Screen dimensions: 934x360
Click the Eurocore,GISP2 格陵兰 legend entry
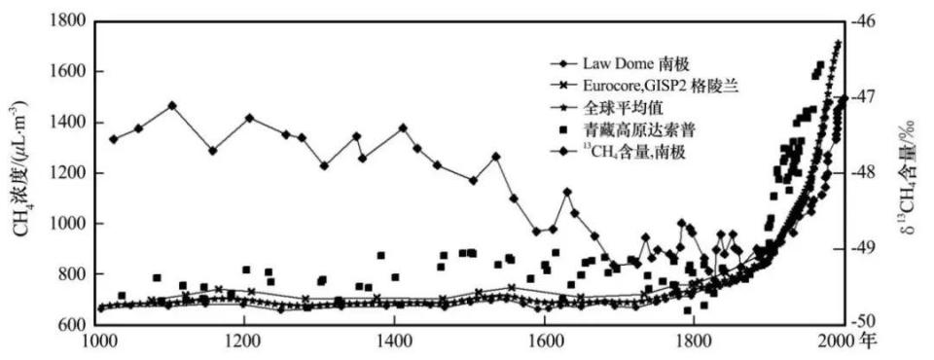point(644,86)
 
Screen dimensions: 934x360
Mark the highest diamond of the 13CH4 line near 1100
point(172,105)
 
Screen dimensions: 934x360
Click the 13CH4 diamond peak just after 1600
point(567,192)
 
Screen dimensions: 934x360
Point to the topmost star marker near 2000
point(839,43)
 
